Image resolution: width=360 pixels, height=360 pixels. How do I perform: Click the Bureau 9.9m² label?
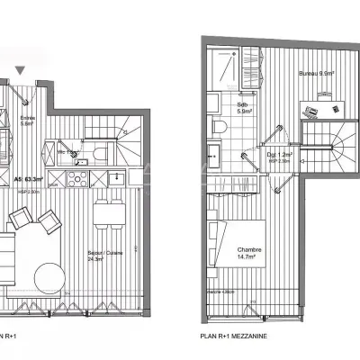click(x=317, y=76)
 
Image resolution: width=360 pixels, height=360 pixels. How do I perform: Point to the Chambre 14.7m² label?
click(x=250, y=254)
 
